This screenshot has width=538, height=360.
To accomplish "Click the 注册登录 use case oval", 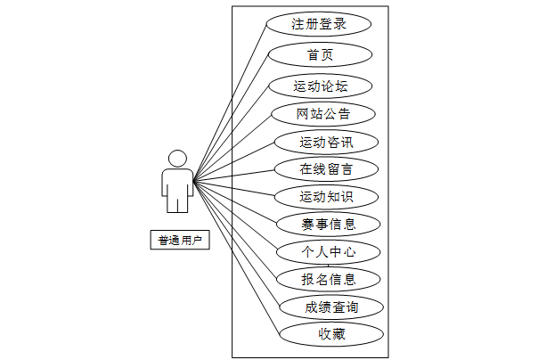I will [318, 24].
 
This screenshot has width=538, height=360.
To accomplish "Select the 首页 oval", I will [320, 55].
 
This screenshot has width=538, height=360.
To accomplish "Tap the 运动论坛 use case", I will [320, 86].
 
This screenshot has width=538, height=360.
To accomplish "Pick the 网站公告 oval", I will [323, 114].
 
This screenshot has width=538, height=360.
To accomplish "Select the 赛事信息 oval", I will [329, 224].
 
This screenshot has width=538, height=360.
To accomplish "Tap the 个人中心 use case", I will [329, 252].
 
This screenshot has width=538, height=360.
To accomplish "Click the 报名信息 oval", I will [329, 280].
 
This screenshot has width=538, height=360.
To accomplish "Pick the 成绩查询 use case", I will [331, 307].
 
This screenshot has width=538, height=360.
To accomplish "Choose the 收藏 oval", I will [331, 335].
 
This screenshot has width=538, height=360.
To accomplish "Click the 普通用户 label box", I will [179, 240].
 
